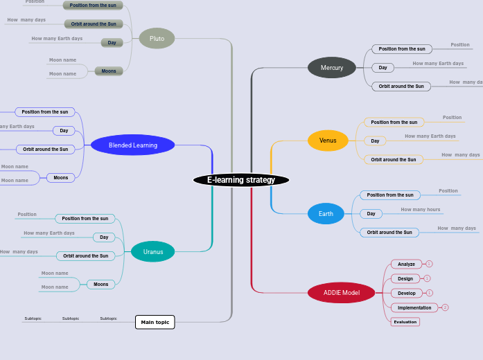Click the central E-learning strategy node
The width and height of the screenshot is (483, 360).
(x=241, y=180)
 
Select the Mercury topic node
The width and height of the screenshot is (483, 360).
(x=331, y=68)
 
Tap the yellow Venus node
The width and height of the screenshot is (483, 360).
(x=328, y=141)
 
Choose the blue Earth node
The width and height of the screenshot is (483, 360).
(x=326, y=214)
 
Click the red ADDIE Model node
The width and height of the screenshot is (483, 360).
(x=341, y=293)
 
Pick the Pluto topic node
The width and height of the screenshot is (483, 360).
(x=157, y=39)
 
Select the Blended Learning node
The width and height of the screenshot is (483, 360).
(x=133, y=145)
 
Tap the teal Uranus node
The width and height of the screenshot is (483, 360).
(x=153, y=252)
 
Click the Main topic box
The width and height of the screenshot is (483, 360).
(x=155, y=322)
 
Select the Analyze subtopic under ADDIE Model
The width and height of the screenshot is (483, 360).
(x=406, y=264)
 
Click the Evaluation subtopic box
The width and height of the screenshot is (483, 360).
(x=405, y=322)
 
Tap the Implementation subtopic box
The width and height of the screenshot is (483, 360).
(x=414, y=307)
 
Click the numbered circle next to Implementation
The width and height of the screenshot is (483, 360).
(x=445, y=307)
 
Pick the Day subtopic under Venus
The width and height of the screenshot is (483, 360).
(x=375, y=141)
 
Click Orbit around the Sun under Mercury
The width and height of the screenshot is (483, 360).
(x=401, y=87)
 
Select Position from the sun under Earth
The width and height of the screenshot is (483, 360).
(x=390, y=195)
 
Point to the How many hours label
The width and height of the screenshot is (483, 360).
(x=420, y=209)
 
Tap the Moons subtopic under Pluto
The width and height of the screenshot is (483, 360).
(x=109, y=71)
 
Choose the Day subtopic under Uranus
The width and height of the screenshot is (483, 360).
(x=104, y=237)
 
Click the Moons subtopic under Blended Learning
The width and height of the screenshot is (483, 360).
(x=61, y=178)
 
